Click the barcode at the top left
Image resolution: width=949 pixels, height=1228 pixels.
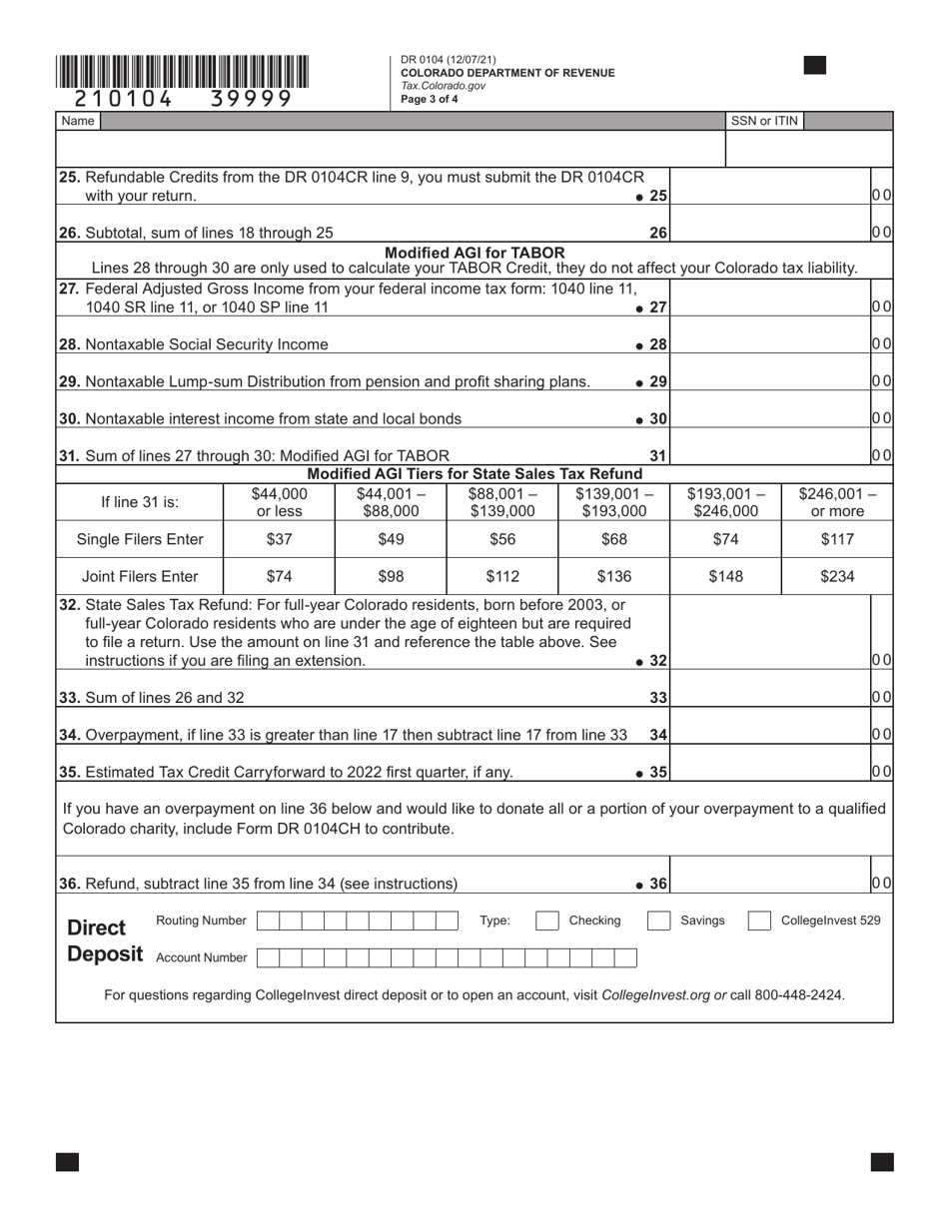183,73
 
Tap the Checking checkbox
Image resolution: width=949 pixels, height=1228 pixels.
547,921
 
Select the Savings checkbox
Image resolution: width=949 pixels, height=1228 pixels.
659,921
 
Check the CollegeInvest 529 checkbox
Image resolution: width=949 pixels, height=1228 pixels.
759,921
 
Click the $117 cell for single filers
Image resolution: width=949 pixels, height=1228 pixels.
837,539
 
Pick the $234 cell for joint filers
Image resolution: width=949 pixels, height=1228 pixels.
837,576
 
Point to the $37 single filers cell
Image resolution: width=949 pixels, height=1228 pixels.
280,539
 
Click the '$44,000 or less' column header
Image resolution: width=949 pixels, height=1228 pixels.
280,502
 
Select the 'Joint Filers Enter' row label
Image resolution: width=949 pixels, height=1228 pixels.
140,576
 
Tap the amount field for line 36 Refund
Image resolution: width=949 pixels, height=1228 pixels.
770,883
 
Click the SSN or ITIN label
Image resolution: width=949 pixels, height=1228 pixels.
764,121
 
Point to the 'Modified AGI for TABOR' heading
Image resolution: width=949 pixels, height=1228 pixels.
474,253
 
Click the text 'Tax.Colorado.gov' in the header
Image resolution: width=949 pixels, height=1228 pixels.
444,86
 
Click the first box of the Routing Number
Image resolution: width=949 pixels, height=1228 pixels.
268,921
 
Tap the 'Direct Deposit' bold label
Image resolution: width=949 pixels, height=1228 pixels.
105,939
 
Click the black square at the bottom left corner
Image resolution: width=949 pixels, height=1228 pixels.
67,1161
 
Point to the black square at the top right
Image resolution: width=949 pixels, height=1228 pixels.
815,66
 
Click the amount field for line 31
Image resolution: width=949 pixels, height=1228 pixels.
770,455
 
